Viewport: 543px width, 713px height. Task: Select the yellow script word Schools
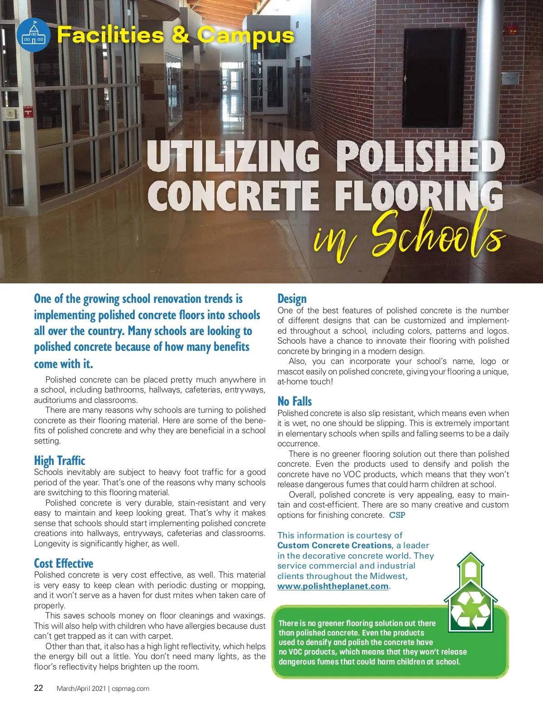437,235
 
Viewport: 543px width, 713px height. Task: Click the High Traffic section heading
59,460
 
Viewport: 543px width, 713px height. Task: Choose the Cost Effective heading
63,563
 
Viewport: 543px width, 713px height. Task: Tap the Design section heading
292,299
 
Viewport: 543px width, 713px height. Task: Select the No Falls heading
295,402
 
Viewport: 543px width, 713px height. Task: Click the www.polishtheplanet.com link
333,586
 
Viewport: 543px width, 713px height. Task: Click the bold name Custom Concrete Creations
334,546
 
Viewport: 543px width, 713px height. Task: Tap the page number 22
39,688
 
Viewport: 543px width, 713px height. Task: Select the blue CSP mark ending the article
397,515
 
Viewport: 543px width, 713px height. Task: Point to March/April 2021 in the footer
81,689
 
